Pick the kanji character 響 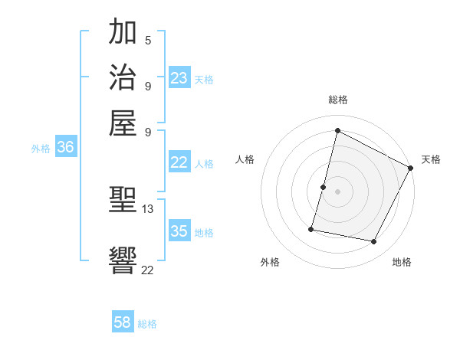[123, 260]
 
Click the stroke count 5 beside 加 [147, 40]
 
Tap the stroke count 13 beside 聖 [148, 208]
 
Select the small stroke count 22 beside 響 [148, 270]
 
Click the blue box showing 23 [179, 78]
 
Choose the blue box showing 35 [179, 231]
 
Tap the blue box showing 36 [65, 148]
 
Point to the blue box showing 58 [123, 322]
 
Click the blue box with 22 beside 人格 [179, 162]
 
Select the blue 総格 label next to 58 [147, 324]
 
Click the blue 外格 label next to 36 [41, 149]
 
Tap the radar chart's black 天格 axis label [431, 159]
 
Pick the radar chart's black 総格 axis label [338, 100]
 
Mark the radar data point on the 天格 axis [411, 168]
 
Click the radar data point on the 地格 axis [374, 242]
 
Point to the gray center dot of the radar [338, 191]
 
